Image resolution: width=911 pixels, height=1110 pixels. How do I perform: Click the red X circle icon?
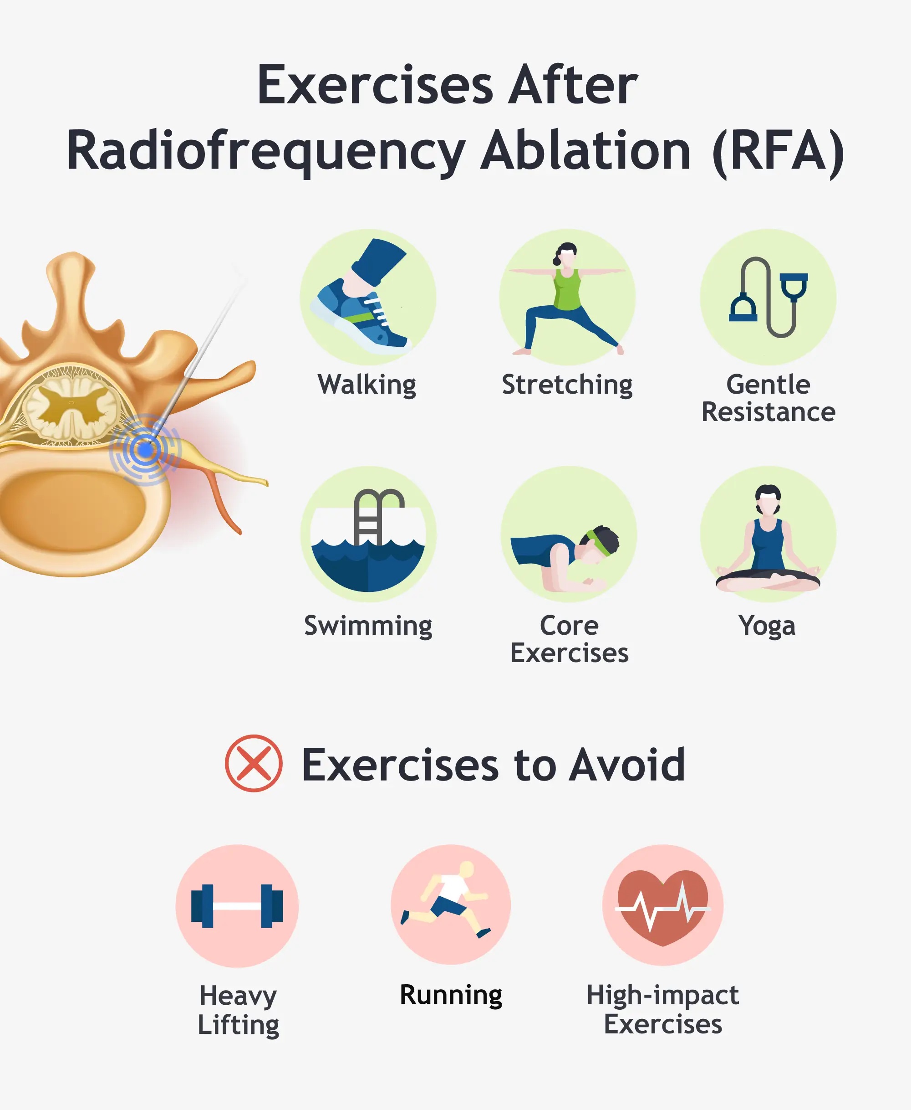click(254, 763)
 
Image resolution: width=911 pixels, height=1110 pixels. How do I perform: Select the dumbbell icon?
click(237, 906)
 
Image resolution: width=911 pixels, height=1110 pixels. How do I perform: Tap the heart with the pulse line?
click(663, 906)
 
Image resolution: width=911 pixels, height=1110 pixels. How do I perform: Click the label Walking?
click(367, 385)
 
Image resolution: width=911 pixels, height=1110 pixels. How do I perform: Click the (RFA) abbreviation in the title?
click(778, 151)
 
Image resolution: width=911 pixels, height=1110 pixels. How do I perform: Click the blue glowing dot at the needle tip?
click(145, 449)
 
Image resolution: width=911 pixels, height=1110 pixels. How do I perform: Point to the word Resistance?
click(768, 412)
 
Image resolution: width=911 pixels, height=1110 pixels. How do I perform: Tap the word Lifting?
click(238, 1024)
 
